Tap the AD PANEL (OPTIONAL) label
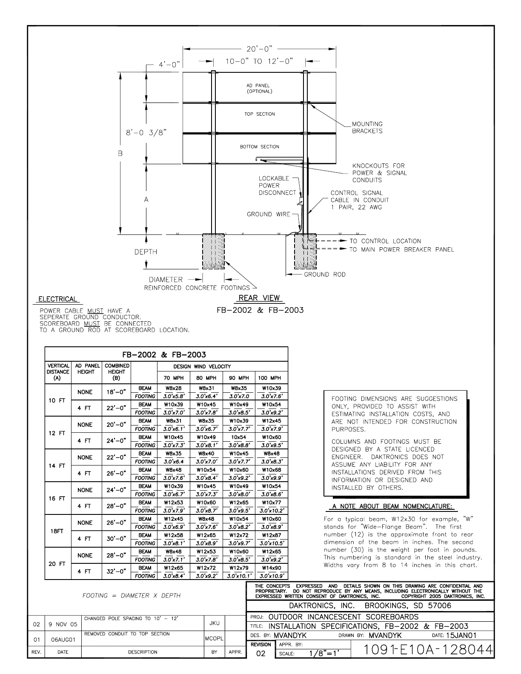[259, 89]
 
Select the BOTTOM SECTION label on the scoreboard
[259, 147]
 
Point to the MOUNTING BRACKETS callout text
[367, 128]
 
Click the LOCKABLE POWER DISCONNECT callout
[277, 186]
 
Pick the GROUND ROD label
[324, 274]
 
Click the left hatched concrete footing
[213, 251]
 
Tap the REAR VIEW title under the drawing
[259, 298]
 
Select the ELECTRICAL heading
[58, 299]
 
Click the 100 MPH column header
[271, 378]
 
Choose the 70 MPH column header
[174, 378]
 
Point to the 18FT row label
[57, 531]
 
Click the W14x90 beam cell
[271, 568]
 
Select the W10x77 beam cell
[271, 503]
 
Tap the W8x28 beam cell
[173, 388]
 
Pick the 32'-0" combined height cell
[116, 572]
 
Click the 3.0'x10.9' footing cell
[271, 576]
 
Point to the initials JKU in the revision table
[215, 623]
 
